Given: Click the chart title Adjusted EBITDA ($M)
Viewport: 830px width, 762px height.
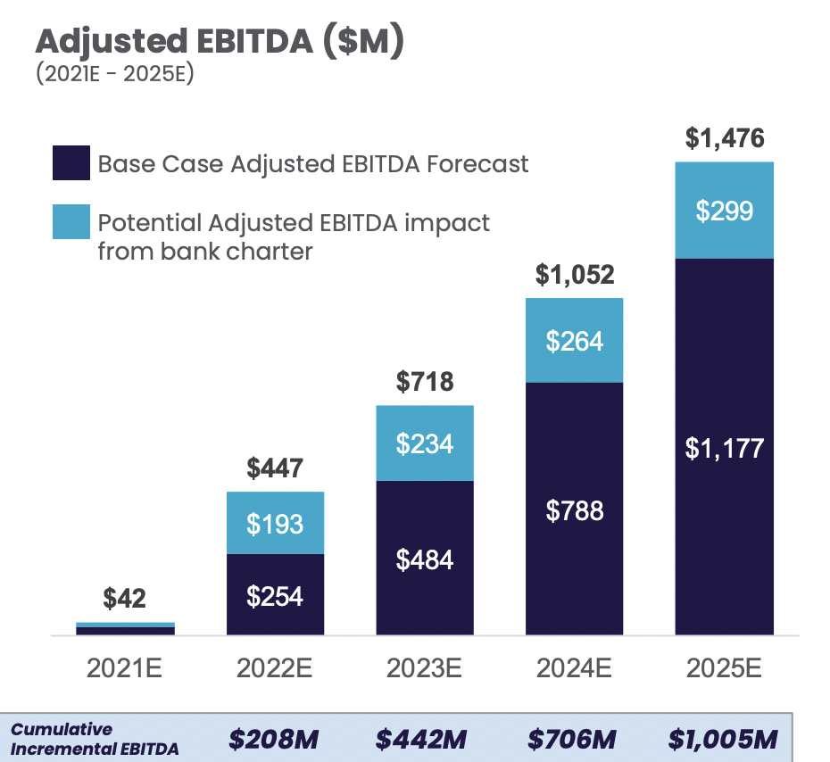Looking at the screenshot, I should click(220, 42).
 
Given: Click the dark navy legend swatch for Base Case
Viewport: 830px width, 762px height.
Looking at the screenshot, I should click(71, 164).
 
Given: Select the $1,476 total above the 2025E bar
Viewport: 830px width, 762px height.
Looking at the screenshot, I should click(724, 138).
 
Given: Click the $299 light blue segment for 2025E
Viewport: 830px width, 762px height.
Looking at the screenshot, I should click(724, 211).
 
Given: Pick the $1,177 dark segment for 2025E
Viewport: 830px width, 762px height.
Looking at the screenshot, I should click(724, 448).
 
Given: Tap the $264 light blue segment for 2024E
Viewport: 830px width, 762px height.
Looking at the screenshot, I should click(574, 341).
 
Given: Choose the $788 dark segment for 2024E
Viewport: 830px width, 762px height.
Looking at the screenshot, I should click(574, 510).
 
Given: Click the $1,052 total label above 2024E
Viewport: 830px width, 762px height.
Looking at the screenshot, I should click(574, 275).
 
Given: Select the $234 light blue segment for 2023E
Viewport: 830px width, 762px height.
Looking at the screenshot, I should click(425, 443).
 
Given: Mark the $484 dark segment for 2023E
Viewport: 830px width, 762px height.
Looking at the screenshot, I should click(425, 559).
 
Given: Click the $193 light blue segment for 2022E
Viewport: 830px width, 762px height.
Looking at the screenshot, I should click(275, 523).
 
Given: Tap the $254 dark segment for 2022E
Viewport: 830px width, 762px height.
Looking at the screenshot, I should click(275, 595).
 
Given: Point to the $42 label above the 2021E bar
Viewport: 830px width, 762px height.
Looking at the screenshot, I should click(125, 598).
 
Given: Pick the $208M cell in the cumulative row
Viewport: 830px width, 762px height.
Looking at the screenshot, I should click(274, 739).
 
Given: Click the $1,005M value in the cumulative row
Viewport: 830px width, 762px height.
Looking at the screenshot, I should click(723, 739).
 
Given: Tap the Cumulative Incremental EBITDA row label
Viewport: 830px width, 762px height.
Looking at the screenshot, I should click(94, 739).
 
